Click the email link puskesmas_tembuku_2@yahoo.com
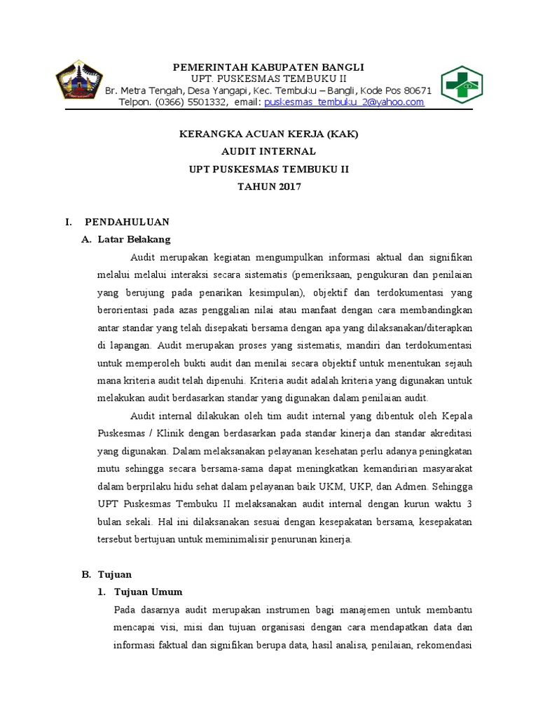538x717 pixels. click(x=344, y=102)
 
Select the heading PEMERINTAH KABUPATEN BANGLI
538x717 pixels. click(x=269, y=67)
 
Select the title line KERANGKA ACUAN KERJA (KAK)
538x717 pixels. click(x=269, y=134)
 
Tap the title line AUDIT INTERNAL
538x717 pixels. click(x=269, y=151)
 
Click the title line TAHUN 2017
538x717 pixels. click(x=269, y=186)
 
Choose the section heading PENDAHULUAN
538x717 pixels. click(x=127, y=222)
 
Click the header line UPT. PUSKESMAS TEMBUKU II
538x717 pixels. click(x=269, y=78)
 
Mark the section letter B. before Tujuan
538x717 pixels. click(x=86, y=574)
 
